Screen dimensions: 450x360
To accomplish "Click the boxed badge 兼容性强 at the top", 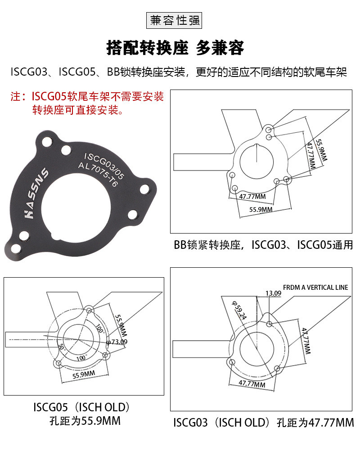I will (x=175, y=21).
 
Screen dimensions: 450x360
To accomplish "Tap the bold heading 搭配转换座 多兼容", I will (x=175, y=48).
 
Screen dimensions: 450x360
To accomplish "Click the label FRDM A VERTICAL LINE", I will (x=315, y=287).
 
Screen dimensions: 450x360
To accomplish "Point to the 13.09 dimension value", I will (x=273, y=293).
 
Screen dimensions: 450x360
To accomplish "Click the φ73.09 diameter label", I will (x=116, y=342).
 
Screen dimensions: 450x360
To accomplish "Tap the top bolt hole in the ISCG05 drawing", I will (x=90, y=310).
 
